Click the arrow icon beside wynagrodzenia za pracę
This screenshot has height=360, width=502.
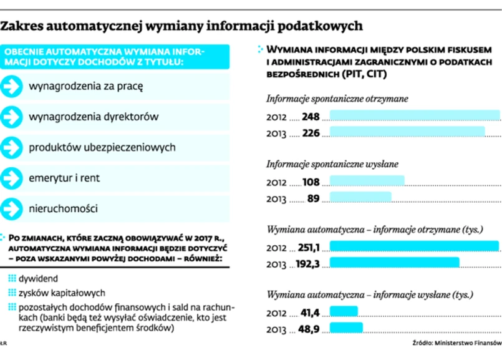11,86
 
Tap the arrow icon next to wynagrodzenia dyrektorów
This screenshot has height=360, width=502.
11,117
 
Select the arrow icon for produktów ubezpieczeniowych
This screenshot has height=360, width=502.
11,147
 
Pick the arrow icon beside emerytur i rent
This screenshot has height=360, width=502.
11,178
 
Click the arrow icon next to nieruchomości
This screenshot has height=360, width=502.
11,208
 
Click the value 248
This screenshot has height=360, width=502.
310,117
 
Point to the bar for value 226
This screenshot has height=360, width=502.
407,132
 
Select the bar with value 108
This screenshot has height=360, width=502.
367,182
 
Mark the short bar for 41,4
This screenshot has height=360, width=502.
344,311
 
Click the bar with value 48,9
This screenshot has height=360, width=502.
346,328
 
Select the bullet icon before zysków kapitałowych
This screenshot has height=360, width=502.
12,293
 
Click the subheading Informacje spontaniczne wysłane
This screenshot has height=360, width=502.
332,164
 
